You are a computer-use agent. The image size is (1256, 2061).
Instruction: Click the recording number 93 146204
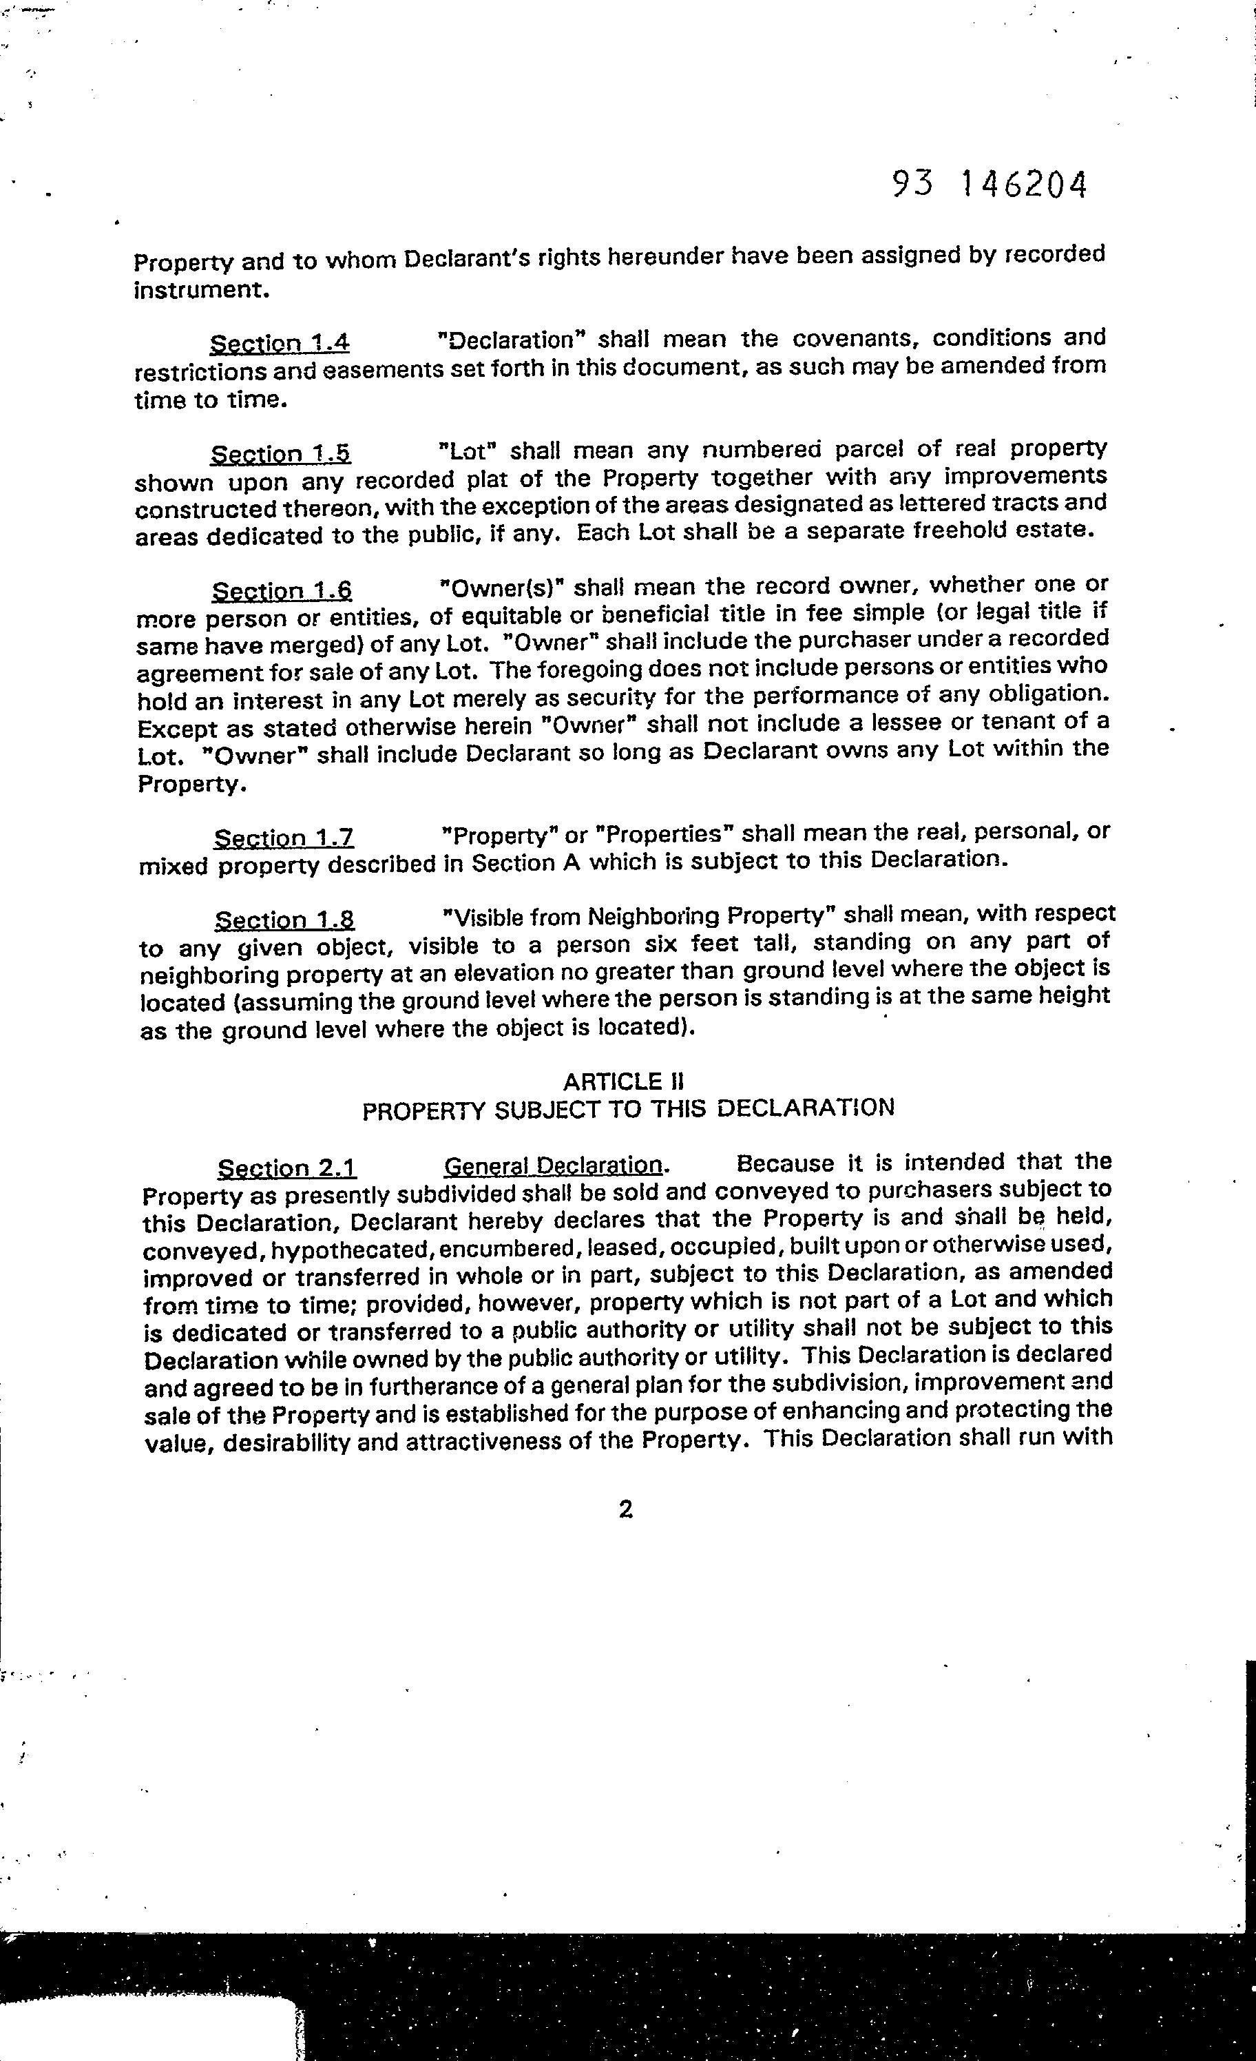tap(990, 185)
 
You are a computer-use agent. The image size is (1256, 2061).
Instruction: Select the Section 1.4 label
tap(280, 344)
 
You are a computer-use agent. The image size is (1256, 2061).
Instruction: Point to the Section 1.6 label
tap(282, 591)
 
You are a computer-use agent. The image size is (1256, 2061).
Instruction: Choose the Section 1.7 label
tap(284, 838)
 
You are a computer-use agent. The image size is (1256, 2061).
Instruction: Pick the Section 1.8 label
tap(284, 920)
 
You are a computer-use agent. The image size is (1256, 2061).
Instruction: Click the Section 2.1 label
tap(287, 1168)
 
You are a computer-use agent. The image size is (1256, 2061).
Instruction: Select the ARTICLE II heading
tap(624, 1082)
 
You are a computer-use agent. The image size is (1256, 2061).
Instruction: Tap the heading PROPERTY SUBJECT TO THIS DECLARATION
tap(628, 1110)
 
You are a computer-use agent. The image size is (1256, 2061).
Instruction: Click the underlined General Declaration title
tap(554, 1166)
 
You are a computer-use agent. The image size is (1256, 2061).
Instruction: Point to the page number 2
tap(625, 1509)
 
